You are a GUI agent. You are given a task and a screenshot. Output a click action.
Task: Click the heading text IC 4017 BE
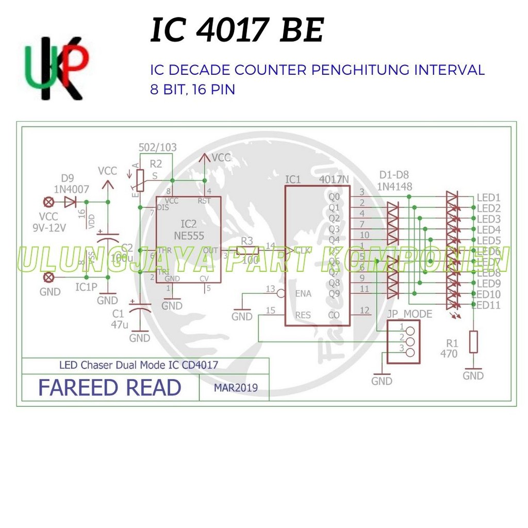[x=237, y=31]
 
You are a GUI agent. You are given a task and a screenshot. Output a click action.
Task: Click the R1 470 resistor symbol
[x=473, y=342]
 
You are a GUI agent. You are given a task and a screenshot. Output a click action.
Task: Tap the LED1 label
[x=488, y=197]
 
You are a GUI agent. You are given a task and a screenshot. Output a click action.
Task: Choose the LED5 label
[x=488, y=240]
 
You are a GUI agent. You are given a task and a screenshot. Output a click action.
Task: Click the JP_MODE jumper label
[x=409, y=314]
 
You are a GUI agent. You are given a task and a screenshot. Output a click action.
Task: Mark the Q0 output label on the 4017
[x=334, y=197]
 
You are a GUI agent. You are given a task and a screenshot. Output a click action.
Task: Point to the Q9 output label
[x=334, y=294]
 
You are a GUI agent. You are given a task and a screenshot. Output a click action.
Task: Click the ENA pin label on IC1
[x=303, y=293]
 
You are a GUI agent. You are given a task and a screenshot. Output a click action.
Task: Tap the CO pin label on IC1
[x=334, y=315]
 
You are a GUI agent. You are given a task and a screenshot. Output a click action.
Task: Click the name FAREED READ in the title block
[x=110, y=388]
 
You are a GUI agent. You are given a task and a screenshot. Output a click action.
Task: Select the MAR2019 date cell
[x=236, y=388]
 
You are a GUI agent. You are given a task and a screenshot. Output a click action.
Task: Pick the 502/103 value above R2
[x=158, y=147]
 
